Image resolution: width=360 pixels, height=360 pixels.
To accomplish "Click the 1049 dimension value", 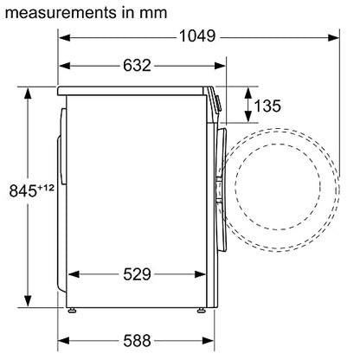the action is tap(197, 36).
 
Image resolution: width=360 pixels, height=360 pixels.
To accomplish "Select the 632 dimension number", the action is tap(137, 66).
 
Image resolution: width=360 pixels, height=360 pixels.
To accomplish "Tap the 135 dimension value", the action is tap(267, 106).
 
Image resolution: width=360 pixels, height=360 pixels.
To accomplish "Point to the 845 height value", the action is tap(23, 190).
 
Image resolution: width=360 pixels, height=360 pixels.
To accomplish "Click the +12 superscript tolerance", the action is tap(46, 188).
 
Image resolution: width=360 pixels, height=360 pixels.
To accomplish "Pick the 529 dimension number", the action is tap(137, 274).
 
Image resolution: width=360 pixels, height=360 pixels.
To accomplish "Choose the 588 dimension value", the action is tap(137, 341).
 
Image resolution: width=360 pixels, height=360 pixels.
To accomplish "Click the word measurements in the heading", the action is tap(59, 13).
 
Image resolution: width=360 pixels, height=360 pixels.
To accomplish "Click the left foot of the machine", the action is tap(72, 311).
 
